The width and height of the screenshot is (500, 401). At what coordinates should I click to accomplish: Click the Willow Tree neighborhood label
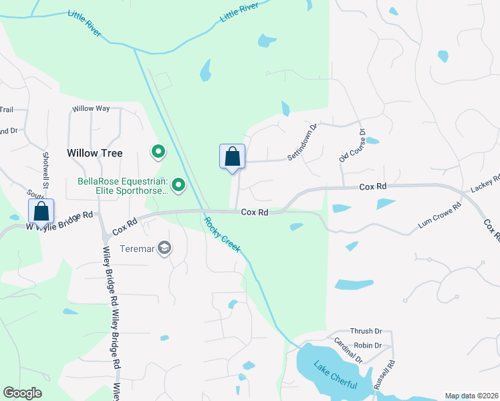(95, 153)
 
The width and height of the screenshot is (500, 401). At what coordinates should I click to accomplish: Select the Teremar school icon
(164, 249)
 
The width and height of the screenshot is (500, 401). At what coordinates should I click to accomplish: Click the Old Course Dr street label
(352, 146)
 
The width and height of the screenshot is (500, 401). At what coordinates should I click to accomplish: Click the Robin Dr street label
(368, 346)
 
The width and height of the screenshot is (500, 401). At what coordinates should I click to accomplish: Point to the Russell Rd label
(384, 376)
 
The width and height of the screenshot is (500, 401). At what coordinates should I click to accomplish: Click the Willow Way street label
(91, 108)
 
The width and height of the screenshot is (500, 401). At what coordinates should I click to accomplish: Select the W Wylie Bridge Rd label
(58, 221)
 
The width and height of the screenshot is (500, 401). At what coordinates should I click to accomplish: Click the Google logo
(22, 393)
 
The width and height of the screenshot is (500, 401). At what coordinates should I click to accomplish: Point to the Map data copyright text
(471, 396)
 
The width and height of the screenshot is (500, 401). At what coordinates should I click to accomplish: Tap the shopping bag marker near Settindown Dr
(233, 157)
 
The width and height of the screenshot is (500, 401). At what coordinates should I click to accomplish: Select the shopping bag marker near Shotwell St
(41, 211)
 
